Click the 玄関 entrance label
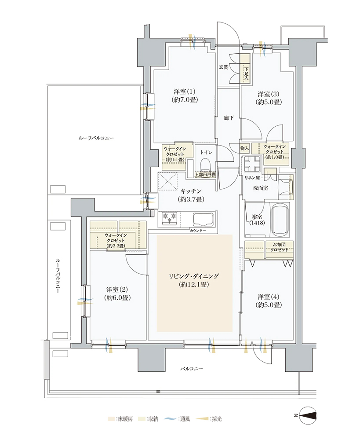coord(223,67)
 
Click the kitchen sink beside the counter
coord(203,219)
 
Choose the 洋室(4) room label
coord(269,301)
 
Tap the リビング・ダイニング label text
coord(193,280)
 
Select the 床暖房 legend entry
coord(120,419)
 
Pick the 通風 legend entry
coord(177,419)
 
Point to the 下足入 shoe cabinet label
coord(246,73)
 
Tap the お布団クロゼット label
coord(279,247)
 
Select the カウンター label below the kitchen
coord(198,231)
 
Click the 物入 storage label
coord(244,148)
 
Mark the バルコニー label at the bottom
coord(191,368)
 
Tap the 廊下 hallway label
coord(229,118)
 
